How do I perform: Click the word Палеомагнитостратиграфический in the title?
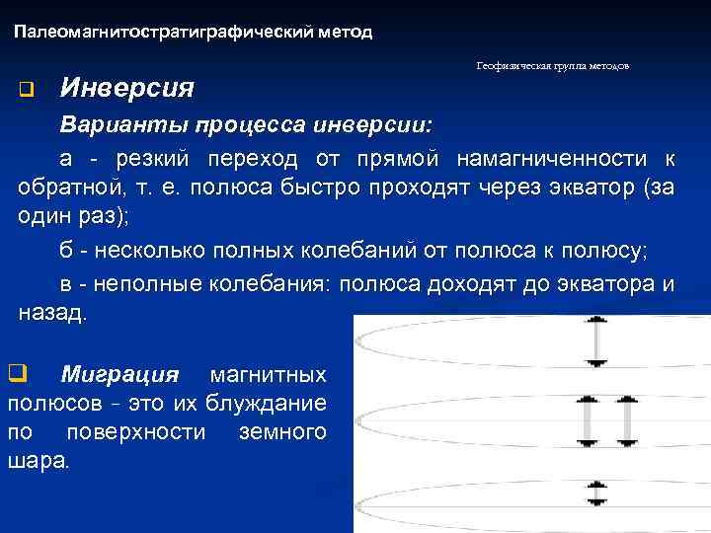click(164, 33)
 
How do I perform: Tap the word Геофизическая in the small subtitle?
click(508, 66)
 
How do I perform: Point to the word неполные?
click(147, 284)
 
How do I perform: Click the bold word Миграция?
click(119, 375)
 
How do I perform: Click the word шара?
click(38, 461)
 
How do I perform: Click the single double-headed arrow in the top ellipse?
click(596, 343)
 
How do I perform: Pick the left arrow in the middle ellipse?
click(586, 421)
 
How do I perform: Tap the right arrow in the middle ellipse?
click(626, 421)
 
